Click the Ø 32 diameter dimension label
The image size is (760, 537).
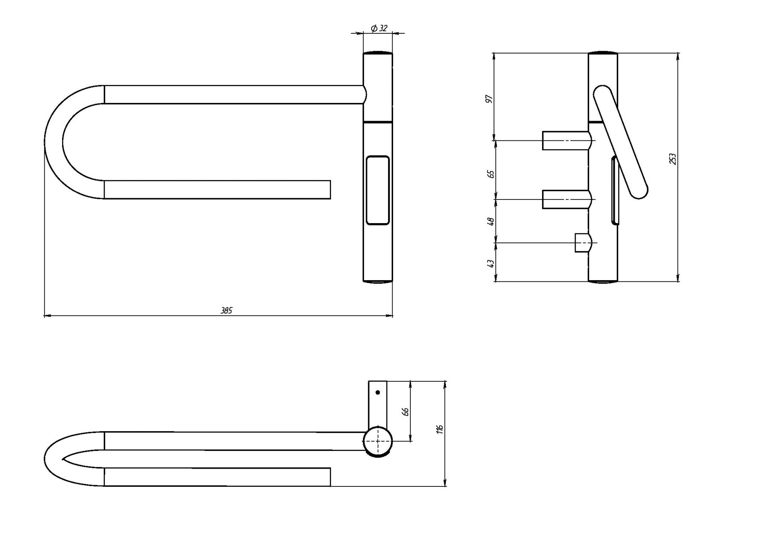tap(379, 28)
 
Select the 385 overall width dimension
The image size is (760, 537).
tap(227, 311)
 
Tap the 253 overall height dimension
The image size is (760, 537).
tap(673, 159)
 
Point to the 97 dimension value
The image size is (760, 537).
tap(489, 99)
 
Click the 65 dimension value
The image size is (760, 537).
tap(490, 174)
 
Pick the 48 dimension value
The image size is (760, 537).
tap(490, 221)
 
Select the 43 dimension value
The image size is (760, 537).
tap(490, 263)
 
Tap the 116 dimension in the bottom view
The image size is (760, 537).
tap(440, 430)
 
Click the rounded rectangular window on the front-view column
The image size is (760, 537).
tap(377, 190)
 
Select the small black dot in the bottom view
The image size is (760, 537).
tap(377, 392)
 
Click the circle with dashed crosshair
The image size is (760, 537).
tap(377, 442)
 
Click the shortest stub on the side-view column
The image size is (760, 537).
tap(584, 243)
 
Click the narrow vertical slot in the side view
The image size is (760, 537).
tap(614, 189)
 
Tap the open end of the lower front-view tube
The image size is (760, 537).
tap(330, 189)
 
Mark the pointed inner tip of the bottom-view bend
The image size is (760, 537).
tap(62, 459)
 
